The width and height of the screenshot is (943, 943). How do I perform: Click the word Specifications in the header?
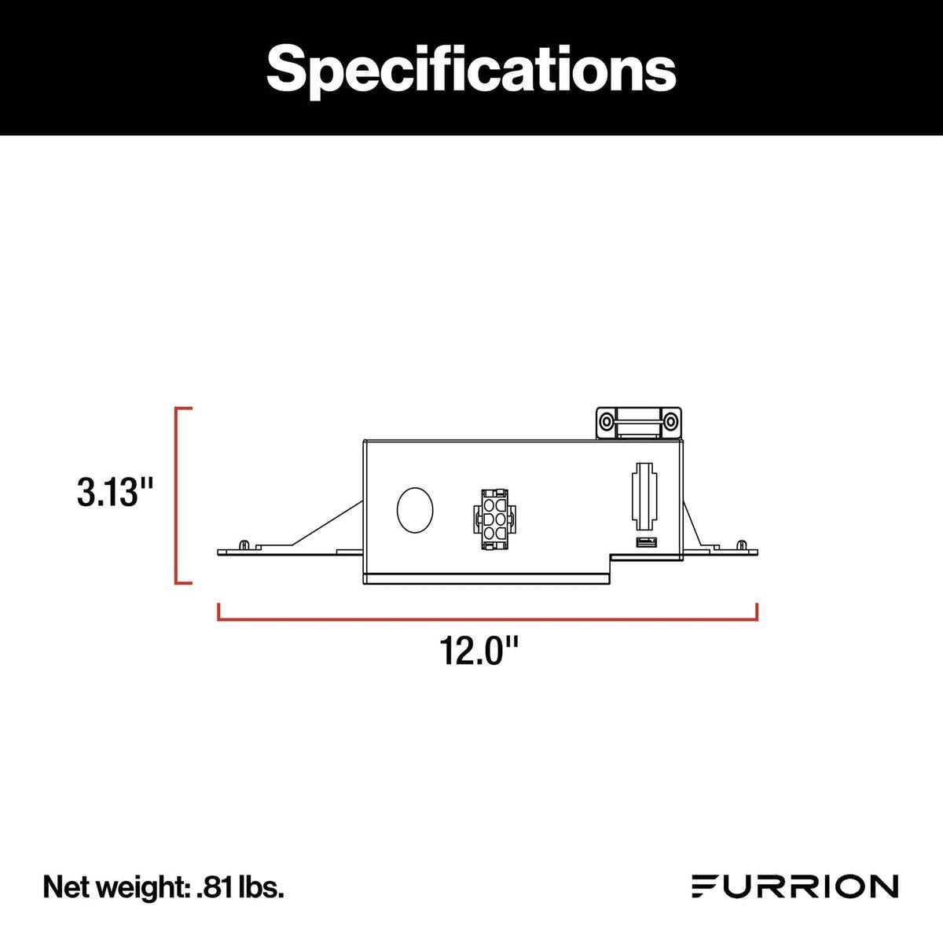[x=471, y=69]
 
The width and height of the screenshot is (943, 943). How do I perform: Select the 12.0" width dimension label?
[x=479, y=651]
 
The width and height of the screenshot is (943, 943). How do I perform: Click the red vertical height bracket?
[x=177, y=495]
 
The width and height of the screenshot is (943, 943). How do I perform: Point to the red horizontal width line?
[x=487, y=618]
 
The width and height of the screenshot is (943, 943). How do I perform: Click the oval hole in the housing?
[x=415, y=511]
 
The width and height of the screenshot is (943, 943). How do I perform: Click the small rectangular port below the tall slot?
[x=645, y=542]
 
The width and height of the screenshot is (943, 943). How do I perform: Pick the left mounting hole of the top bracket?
[x=607, y=423]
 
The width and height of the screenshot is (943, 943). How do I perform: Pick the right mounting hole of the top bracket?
[x=670, y=423]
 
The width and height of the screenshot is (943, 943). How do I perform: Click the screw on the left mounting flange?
[x=244, y=545]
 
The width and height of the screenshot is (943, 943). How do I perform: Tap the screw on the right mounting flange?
[x=740, y=544]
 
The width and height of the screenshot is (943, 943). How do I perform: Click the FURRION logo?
[x=794, y=886]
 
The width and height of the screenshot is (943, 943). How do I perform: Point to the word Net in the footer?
[x=64, y=887]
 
